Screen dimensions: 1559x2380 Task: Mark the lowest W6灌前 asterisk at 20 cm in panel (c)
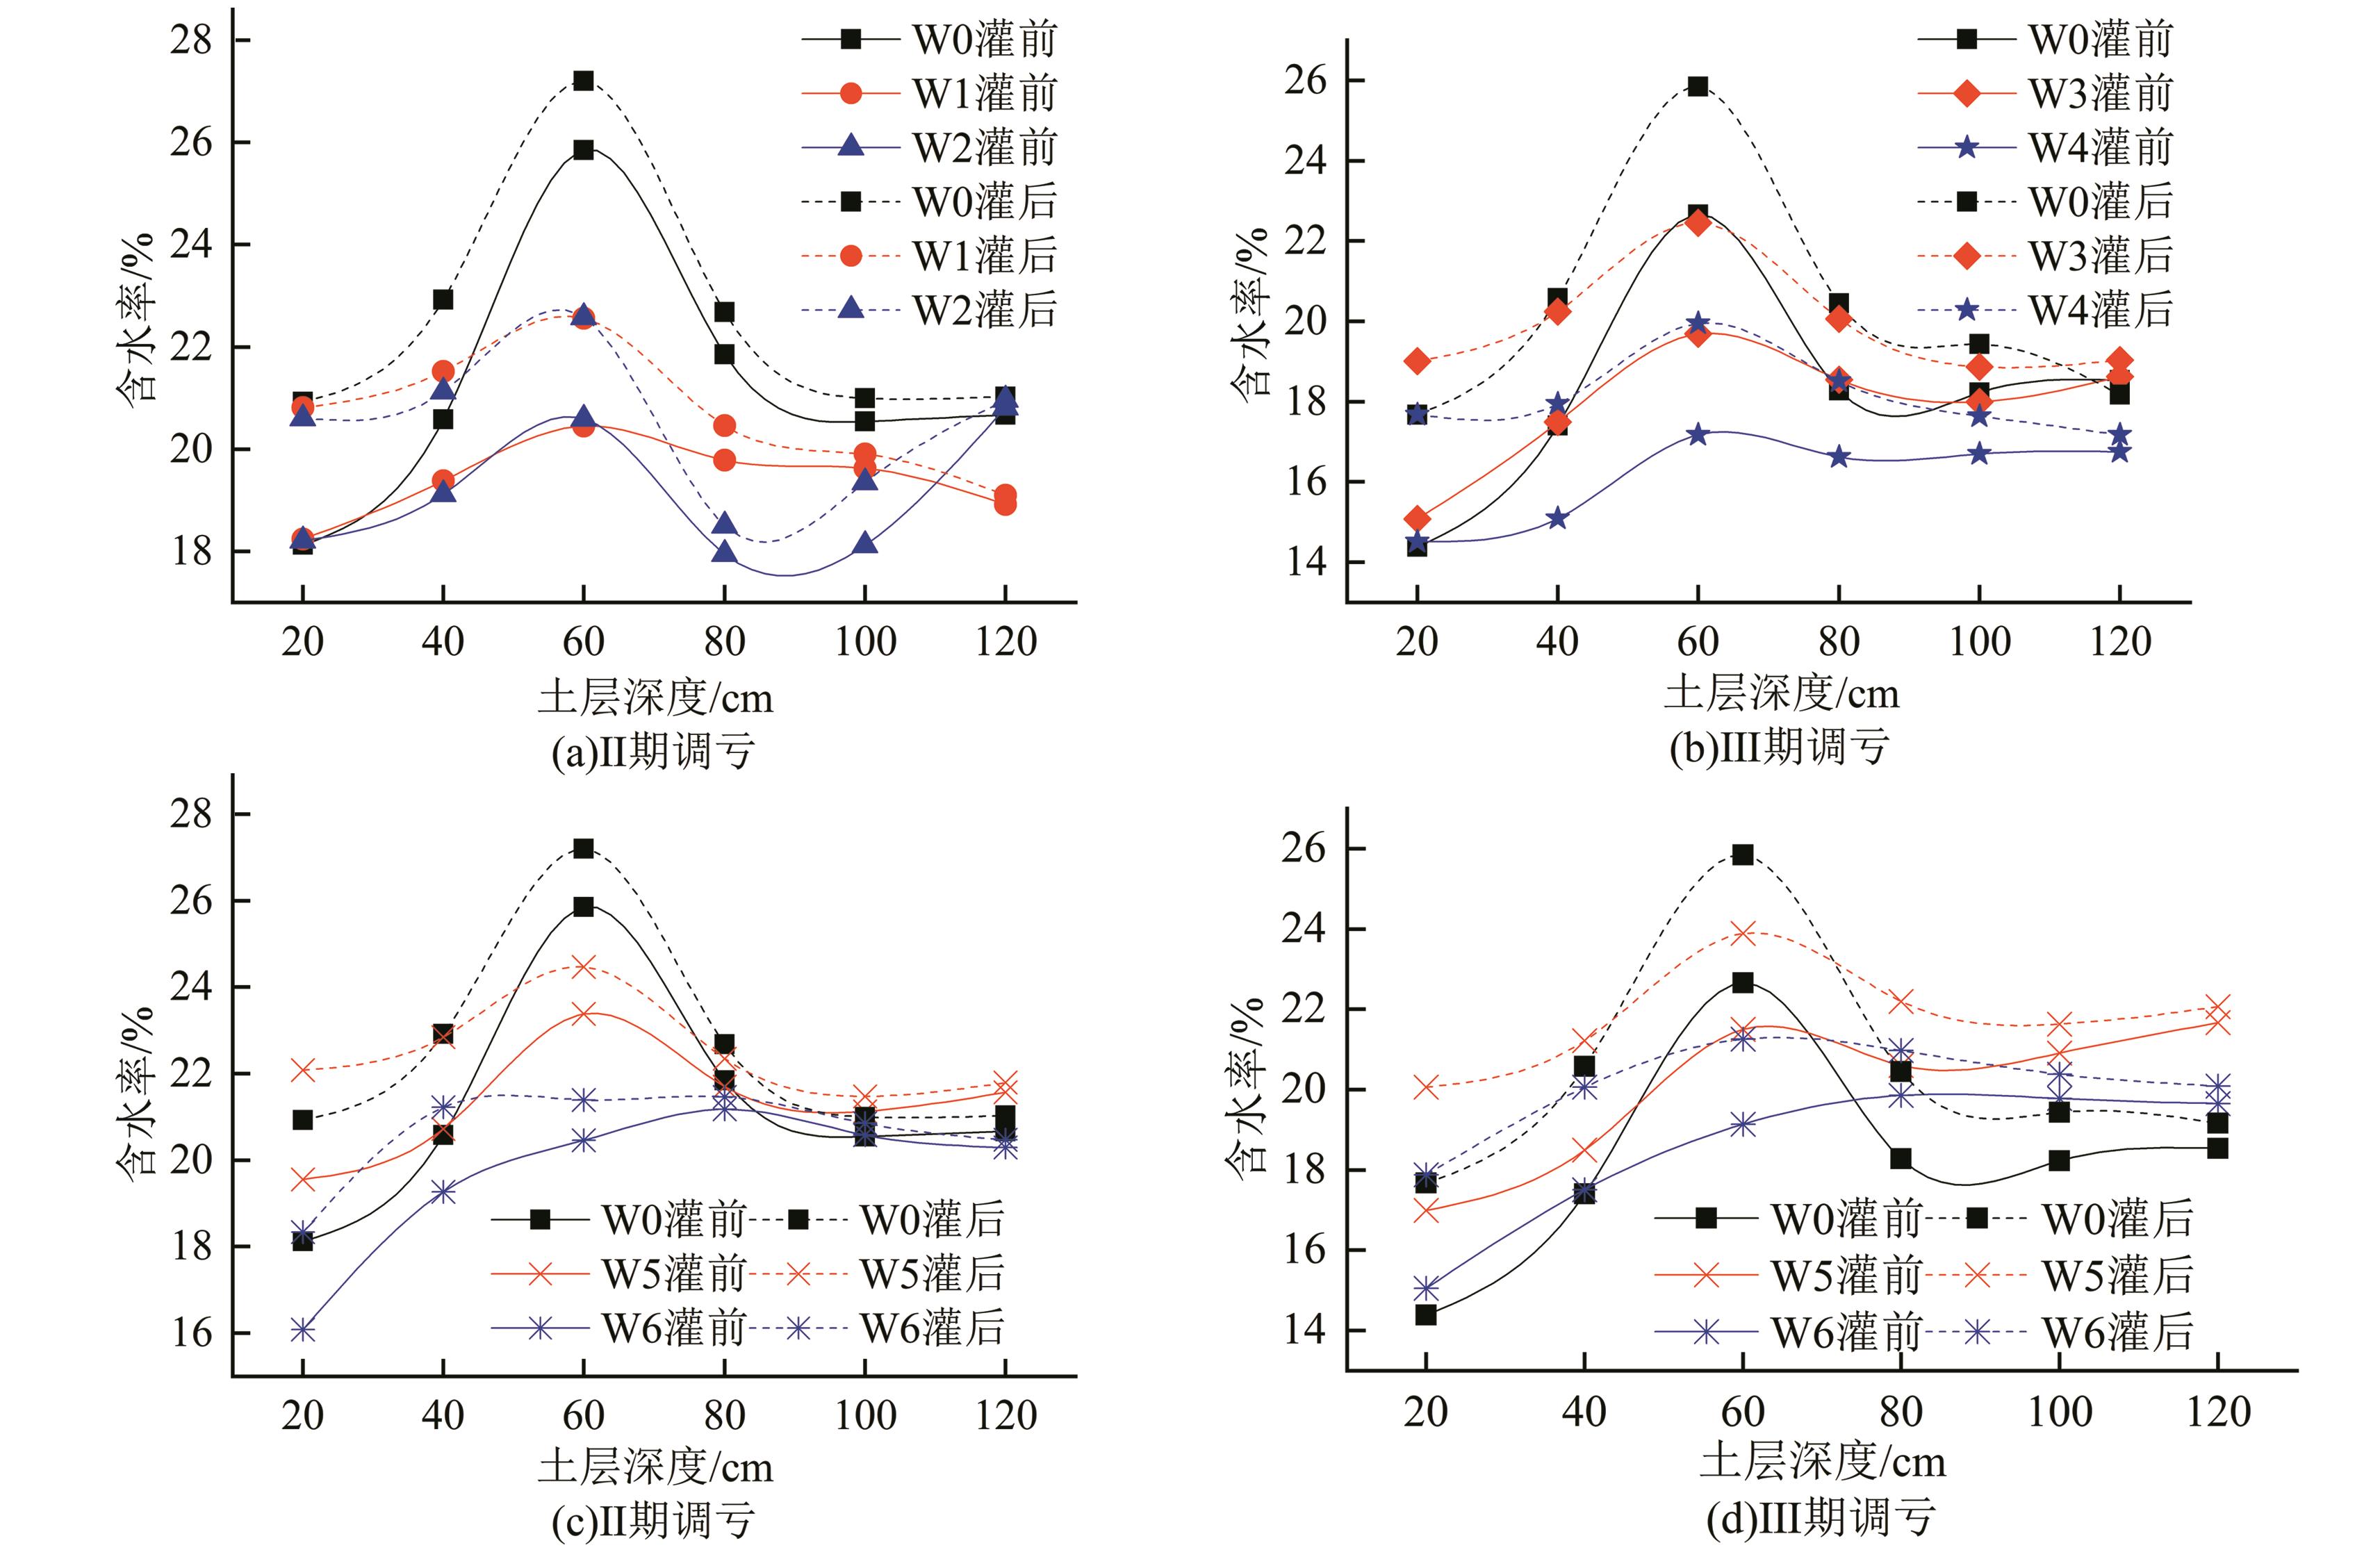(x=302, y=1330)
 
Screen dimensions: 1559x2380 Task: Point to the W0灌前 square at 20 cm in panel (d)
(x=1426, y=1314)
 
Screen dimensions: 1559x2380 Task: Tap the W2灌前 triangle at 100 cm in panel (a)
(x=865, y=544)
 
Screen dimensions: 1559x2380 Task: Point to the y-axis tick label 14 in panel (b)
(x=1306, y=562)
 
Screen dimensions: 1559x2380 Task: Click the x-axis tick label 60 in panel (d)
(x=1742, y=1411)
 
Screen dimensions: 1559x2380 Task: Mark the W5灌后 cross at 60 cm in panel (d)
(x=1743, y=933)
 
